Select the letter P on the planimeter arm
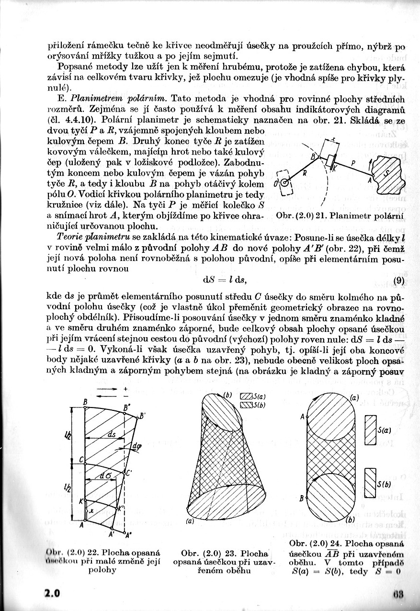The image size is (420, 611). [x=353, y=163]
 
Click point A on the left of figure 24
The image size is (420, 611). [x=302, y=417]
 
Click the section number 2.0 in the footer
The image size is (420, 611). [x=52, y=593]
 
